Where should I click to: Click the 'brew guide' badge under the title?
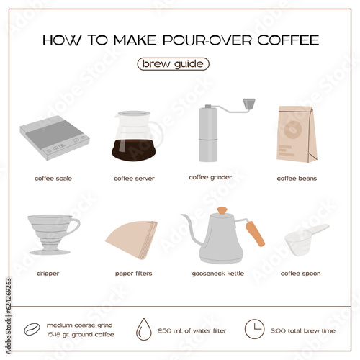coord(173,64)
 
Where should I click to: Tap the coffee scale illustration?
coord(55,138)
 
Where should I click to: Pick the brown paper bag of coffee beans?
coord(297,134)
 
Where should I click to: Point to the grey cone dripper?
coord(53,235)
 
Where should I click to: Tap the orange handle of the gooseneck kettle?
coord(255,234)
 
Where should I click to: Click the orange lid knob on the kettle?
coord(222,211)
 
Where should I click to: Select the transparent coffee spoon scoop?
coord(305,240)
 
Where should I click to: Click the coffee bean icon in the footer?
coord(32,329)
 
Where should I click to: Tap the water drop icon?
coord(144,329)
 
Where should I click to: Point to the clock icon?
coord(254,329)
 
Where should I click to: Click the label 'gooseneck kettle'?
coord(218,274)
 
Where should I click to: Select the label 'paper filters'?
coord(134,274)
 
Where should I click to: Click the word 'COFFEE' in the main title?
coord(288,40)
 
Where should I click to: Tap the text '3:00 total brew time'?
coord(303,330)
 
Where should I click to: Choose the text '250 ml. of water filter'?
coord(192,330)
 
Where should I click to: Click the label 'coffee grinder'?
coord(210,178)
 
